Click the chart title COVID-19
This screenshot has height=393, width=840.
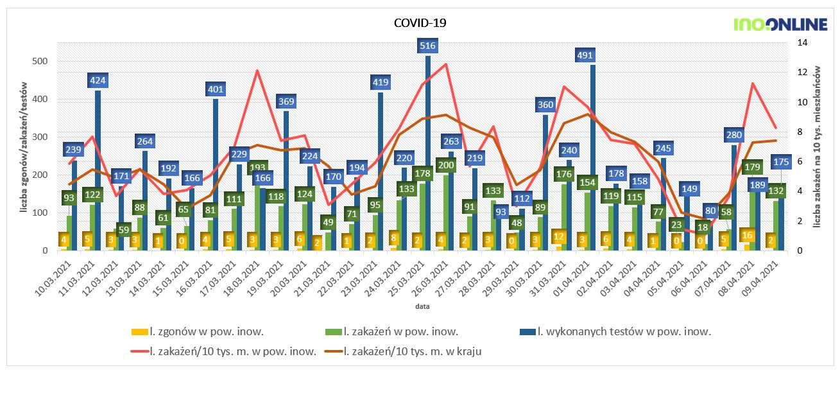pyautogui.click(x=420, y=22)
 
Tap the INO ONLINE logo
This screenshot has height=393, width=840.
pyautogui.click(x=780, y=25)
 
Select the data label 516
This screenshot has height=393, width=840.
pyautogui.click(x=427, y=46)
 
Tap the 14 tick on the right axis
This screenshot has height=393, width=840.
pyautogui.click(x=801, y=42)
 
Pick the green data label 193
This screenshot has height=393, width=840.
pyautogui.click(x=257, y=168)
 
